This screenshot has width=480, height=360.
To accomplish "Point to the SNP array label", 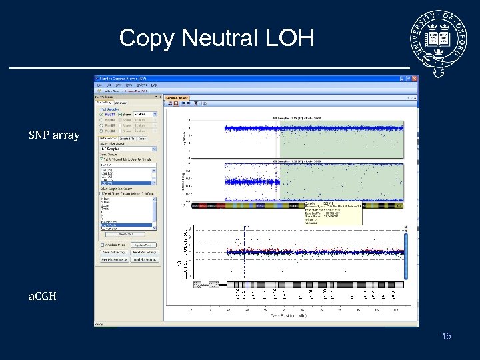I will tap(54, 135).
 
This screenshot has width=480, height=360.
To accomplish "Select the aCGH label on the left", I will tap(42, 295).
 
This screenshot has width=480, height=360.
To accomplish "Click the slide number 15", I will tap(446, 336).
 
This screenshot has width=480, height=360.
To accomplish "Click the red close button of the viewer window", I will tap(415, 79).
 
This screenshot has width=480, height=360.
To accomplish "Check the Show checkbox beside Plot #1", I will tap(121, 114).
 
